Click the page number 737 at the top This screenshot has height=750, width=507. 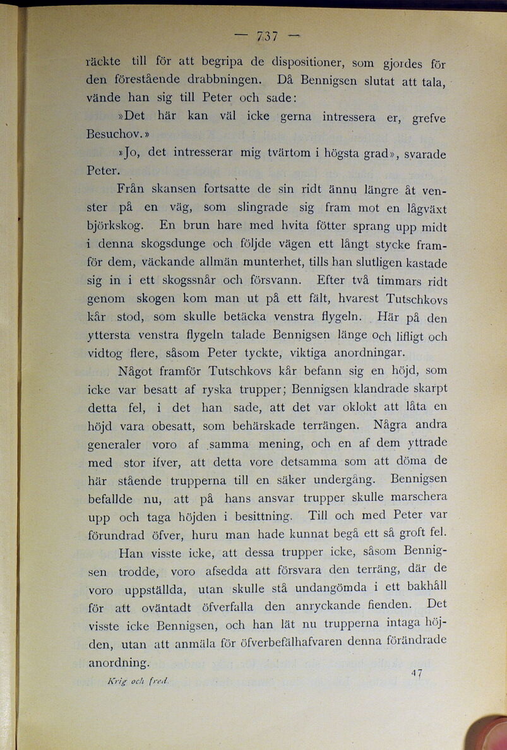pos(267,36)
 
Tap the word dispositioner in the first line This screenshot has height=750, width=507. pos(303,62)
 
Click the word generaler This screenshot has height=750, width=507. pos(114,446)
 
